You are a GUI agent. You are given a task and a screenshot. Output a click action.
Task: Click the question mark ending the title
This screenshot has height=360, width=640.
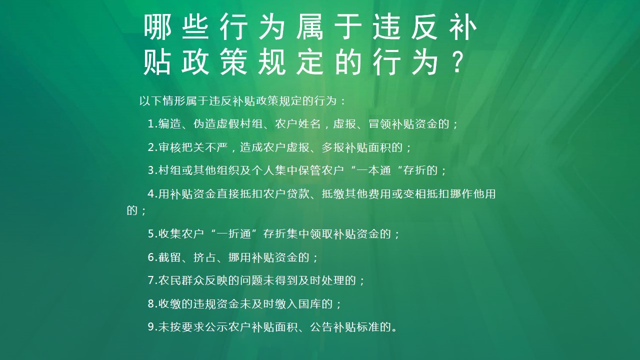tap(455, 64)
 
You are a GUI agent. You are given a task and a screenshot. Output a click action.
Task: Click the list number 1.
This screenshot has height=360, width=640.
tap(151, 124)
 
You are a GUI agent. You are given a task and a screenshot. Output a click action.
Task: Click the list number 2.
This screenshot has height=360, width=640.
tap(151, 147)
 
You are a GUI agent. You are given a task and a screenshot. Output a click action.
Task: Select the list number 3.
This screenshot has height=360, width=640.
tap(151, 170)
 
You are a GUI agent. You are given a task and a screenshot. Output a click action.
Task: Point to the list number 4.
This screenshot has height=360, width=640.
tap(151, 194)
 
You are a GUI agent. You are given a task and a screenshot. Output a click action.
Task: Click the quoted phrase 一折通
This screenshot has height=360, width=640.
tap(234, 233)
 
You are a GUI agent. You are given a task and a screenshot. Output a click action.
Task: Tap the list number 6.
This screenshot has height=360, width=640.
tap(151, 257)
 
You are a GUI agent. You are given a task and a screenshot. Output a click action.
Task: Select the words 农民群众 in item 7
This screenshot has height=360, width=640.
tap(181, 280)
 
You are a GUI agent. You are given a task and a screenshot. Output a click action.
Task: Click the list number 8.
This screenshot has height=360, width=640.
tap(151, 304)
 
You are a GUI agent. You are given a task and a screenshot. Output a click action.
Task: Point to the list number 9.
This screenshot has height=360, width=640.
tap(151, 327)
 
